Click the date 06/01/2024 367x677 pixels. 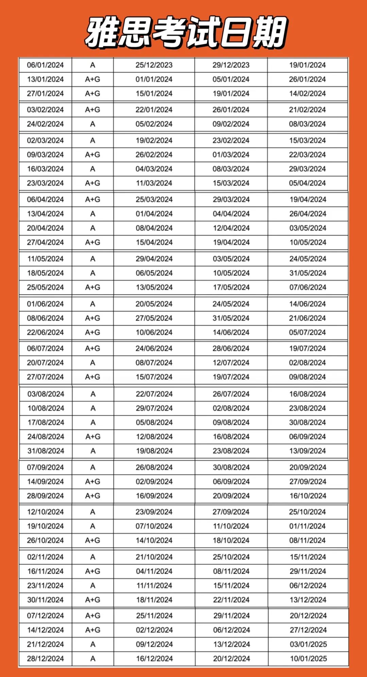[x=45, y=65]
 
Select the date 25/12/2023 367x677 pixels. [x=154, y=65]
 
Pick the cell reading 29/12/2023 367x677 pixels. [x=231, y=65]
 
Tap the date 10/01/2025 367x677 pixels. [x=308, y=658]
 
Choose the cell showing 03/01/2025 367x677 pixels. [x=308, y=644]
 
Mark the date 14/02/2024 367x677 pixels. [x=308, y=94]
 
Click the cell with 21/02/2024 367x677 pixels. [x=308, y=110]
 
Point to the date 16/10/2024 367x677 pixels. [x=308, y=496]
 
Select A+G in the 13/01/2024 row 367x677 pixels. [x=92, y=79]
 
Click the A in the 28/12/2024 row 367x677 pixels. [x=93, y=658]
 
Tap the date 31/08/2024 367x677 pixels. [x=46, y=451]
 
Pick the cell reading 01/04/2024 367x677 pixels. [x=154, y=214]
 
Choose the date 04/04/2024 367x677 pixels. [x=231, y=214]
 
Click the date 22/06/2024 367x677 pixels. [x=45, y=332]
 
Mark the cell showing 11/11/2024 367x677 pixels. [x=154, y=585]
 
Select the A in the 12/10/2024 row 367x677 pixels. [x=93, y=512]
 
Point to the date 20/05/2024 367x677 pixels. [x=154, y=304]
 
